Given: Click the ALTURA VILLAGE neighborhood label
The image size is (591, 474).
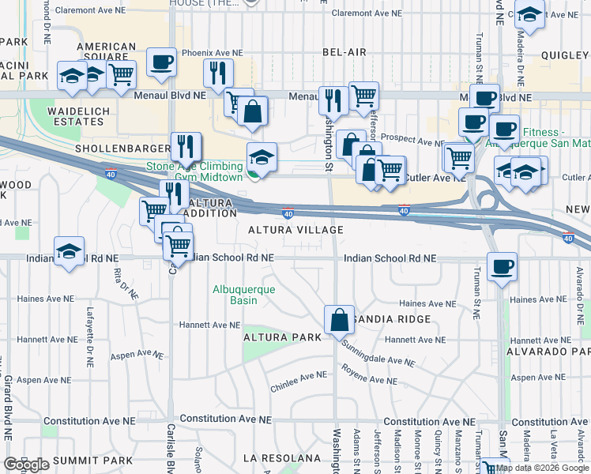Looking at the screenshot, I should coord(295,230).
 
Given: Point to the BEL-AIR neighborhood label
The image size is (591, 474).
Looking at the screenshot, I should coord(344,52).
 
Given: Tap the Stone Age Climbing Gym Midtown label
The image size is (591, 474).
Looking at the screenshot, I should coord(194,171).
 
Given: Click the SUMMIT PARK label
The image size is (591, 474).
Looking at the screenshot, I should coord(81,461).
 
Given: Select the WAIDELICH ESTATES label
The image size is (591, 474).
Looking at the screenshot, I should coord(77,117).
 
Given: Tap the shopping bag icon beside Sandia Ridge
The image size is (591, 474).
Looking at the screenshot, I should coord(339,320).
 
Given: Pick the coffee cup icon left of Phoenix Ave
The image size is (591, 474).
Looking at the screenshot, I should coord(161,62).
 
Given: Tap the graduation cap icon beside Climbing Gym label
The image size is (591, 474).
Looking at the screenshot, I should coord(262,156).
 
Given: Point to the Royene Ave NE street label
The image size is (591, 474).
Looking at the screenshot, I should coord(369,374).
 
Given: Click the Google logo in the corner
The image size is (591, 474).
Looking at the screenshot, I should coord(26,464).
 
